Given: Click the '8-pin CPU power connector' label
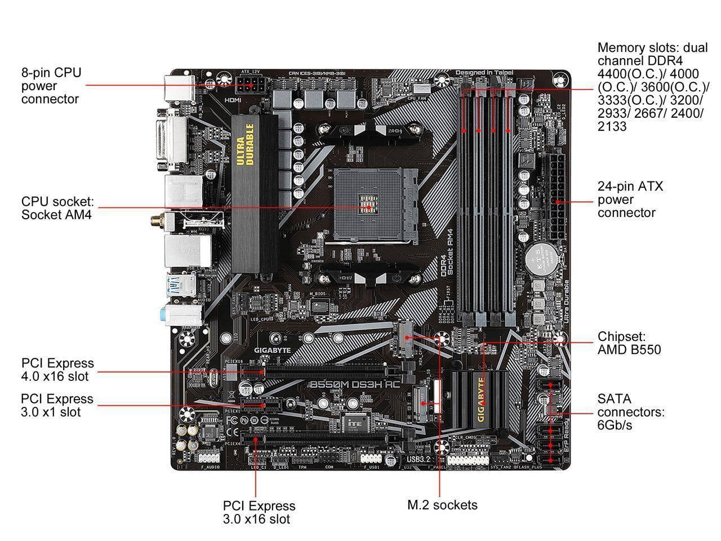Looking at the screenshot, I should [51, 86].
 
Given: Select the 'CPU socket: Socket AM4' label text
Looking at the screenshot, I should [57, 208].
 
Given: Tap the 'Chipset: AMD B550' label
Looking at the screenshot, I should [629, 343].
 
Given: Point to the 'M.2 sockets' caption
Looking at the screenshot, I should [442, 504].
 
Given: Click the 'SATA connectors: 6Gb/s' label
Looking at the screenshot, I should [631, 412].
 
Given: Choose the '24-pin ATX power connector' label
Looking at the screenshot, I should [630, 199].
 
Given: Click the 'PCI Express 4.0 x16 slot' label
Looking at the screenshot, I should [57, 370].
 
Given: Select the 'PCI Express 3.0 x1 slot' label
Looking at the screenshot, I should [57, 406].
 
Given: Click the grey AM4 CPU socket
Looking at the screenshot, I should [370, 206].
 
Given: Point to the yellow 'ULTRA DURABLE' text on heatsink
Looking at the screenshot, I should [241, 151].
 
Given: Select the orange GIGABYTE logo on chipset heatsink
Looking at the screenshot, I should [481, 399].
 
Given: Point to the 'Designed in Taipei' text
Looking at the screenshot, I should [484, 73].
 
